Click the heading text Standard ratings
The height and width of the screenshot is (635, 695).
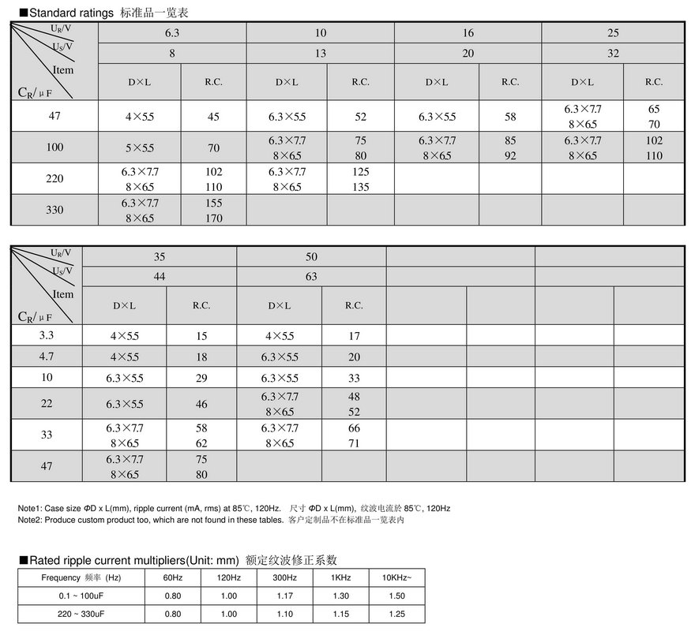click(x=72, y=13)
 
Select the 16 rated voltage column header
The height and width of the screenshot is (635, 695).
click(x=468, y=33)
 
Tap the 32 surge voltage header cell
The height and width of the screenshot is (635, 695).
click(x=614, y=54)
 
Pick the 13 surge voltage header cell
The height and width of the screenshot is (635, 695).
click(x=320, y=54)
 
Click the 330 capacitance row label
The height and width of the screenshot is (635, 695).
click(x=54, y=211)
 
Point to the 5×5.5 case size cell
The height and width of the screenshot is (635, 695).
click(x=139, y=148)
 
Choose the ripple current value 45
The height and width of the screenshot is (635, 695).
click(x=213, y=117)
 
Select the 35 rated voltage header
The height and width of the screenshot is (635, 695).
click(x=160, y=256)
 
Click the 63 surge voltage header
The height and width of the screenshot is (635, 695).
click(x=311, y=277)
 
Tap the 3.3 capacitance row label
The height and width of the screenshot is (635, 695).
click(x=47, y=335)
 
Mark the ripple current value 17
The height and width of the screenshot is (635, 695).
click(x=354, y=336)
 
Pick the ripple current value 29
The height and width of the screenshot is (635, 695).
click(x=201, y=379)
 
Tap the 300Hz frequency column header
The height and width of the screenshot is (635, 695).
click(x=284, y=578)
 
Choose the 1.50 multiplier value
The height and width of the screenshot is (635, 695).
click(x=396, y=596)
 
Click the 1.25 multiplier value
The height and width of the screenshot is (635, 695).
click(x=396, y=614)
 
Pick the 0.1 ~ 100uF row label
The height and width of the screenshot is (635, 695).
click(x=72, y=596)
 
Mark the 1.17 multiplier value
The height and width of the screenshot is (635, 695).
click(x=284, y=596)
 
